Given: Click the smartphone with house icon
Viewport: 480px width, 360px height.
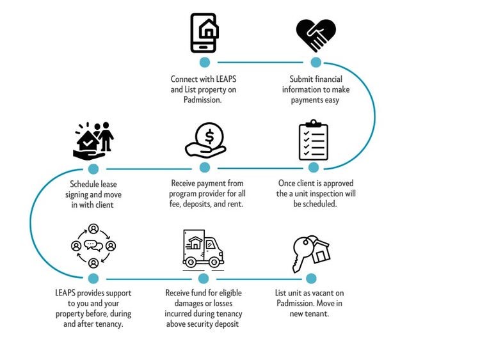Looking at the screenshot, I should pyautogui.click(x=205, y=32).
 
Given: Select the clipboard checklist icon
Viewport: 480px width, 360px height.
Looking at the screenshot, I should pyautogui.click(x=313, y=140).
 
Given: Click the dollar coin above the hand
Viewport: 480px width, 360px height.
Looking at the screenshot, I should pyautogui.click(x=206, y=136).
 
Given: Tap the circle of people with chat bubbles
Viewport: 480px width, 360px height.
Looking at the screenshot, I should pyautogui.click(x=93, y=246).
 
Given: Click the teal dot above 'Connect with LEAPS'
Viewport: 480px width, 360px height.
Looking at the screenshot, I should pyautogui.click(x=205, y=62).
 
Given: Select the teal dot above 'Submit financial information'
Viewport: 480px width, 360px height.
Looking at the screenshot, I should pyautogui.click(x=316, y=62).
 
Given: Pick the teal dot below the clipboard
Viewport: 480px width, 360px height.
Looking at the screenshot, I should pyautogui.click(x=314, y=168).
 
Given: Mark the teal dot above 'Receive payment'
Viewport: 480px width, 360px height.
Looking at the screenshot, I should pyautogui.click(x=205, y=168).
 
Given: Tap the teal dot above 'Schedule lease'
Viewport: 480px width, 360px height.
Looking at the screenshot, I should pyautogui.click(x=93, y=169).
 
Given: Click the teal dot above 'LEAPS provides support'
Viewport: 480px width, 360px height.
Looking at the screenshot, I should pyautogui.click(x=93, y=278).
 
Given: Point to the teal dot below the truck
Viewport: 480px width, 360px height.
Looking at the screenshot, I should pyautogui.click(x=204, y=278).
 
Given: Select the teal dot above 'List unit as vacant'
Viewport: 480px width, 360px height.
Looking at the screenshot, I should pyautogui.click(x=311, y=278).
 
